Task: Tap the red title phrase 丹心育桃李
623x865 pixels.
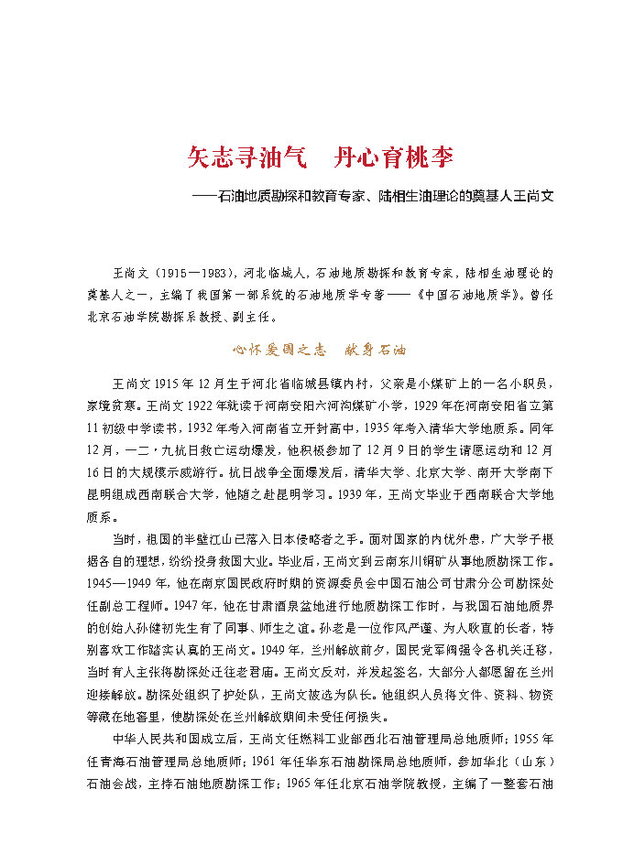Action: click(395, 157)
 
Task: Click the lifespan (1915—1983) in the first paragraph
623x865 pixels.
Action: click(194, 274)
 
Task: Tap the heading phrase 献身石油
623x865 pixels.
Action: click(374, 350)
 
